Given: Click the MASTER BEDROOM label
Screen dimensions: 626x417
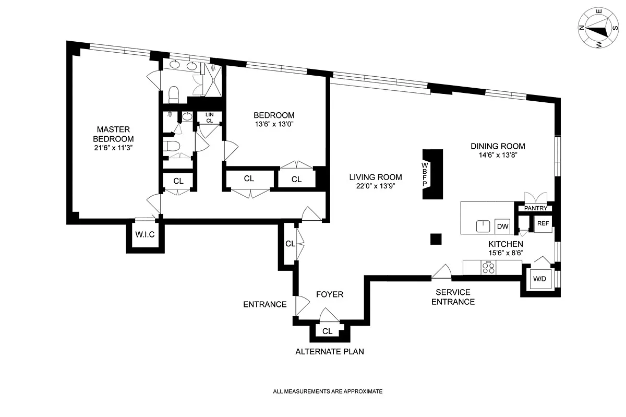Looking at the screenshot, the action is (x=113, y=134).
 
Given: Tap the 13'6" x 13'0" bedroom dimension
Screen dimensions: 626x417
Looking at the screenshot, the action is (x=274, y=124).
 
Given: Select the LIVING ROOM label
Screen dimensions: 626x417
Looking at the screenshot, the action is (x=376, y=177).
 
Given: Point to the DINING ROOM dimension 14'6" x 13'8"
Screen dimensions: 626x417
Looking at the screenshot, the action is (x=498, y=155).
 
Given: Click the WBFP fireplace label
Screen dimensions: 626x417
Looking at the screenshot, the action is (x=425, y=174).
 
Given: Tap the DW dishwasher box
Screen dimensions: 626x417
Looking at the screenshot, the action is (x=502, y=227).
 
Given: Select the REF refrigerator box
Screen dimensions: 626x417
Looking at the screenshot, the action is (x=543, y=223).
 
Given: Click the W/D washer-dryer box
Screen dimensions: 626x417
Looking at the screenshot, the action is (x=539, y=279).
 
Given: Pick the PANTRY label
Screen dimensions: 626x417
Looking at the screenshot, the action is (x=535, y=208).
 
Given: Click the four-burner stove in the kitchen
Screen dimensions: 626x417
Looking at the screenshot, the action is (x=488, y=267).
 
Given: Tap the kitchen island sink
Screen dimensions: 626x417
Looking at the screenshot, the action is (x=483, y=227).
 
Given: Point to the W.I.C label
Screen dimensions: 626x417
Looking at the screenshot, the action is (x=145, y=234).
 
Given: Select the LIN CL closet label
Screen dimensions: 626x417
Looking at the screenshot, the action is (x=210, y=118).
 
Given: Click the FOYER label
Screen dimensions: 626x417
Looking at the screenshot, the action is (x=330, y=294).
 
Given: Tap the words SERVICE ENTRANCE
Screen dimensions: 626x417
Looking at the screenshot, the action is (x=453, y=297).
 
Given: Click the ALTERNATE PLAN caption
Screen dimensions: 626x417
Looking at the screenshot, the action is (x=330, y=352).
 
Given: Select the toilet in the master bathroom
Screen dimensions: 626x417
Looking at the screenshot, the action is (x=173, y=94).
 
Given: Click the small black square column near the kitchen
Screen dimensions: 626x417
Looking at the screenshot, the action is (x=436, y=239).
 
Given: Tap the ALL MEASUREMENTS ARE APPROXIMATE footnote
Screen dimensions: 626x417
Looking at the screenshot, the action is (x=328, y=391).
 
